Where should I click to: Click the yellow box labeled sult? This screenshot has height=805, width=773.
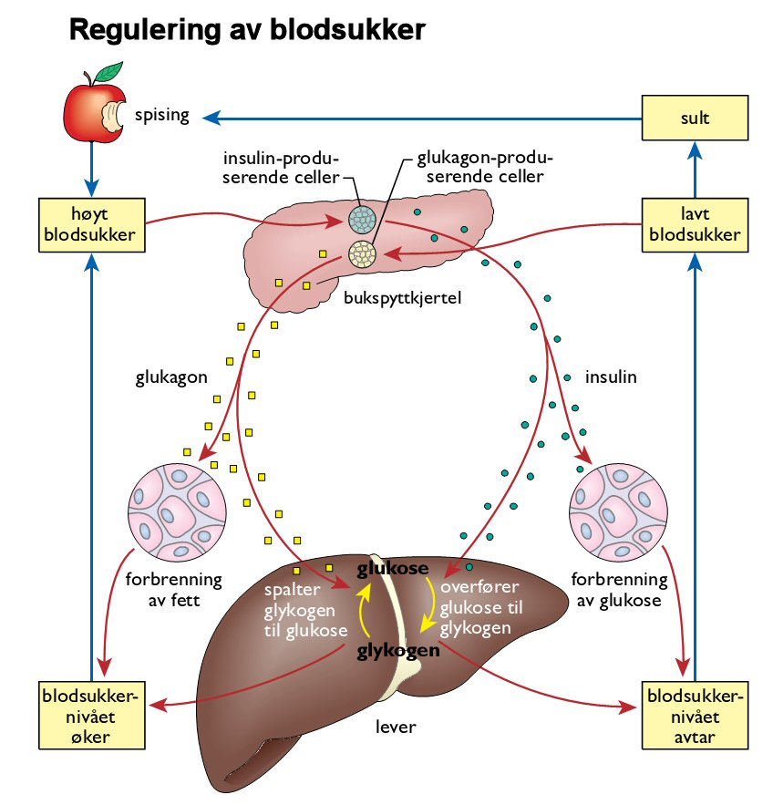pyautogui.click(x=694, y=117)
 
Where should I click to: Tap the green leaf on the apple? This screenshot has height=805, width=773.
pyautogui.click(x=111, y=69)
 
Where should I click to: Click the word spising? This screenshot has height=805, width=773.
pyautogui.click(x=161, y=116)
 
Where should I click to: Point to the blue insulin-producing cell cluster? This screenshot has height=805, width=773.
pyautogui.click(x=360, y=218)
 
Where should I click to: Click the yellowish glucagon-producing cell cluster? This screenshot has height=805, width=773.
pyautogui.click(x=363, y=254)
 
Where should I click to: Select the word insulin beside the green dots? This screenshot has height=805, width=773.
pyautogui.click(x=610, y=376)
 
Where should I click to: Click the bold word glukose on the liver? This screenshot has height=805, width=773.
pyautogui.click(x=393, y=570)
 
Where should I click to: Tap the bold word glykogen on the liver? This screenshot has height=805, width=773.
pyautogui.click(x=397, y=652)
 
